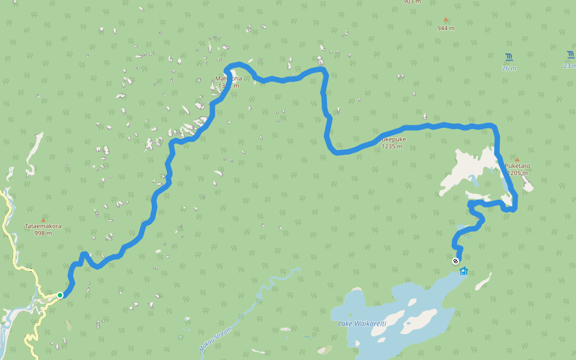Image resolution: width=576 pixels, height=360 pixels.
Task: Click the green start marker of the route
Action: click(60, 295)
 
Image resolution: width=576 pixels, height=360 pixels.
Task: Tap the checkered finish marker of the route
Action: click(455, 261)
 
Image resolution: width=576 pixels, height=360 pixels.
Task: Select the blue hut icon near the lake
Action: click(463, 271)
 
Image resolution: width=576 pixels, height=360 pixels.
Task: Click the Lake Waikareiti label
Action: click(362, 323)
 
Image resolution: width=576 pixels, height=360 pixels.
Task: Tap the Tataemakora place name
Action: click(43, 226)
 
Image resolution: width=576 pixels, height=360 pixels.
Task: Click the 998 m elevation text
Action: click(43, 233)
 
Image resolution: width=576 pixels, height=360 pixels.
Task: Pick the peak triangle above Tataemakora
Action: click(43, 220)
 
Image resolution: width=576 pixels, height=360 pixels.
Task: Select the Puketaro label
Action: click(517, 166)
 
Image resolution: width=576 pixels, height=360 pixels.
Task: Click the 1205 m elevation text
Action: click(517, 173)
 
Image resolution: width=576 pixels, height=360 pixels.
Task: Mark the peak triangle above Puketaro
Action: click(517, 160)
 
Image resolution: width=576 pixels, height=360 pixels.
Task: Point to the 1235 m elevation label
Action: click(392, 146)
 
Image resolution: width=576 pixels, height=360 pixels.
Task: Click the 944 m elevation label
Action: click(446, 28)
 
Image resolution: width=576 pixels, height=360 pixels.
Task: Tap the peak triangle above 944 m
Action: click(446, 20)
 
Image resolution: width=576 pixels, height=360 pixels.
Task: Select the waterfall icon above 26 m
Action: click(509, 58)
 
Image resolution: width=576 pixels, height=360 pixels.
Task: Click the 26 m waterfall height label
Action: click(509, 68)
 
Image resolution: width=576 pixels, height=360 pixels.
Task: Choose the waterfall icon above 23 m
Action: click(570, 55)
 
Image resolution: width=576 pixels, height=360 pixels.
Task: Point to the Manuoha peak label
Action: click(228, 79)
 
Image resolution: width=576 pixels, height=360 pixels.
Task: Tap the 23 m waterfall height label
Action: click(569, 66)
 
